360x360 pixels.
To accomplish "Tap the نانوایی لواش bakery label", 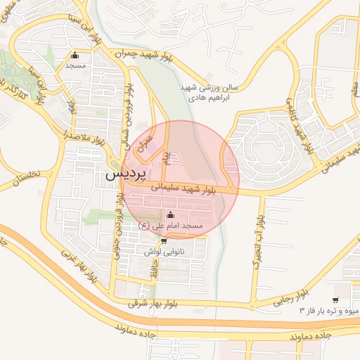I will coord(165,251).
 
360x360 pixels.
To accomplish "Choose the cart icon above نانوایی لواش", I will coord(165,240).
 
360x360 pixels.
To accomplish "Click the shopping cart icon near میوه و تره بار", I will coord(337,299).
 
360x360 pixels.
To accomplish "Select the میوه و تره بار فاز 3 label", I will coord(329,310).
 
